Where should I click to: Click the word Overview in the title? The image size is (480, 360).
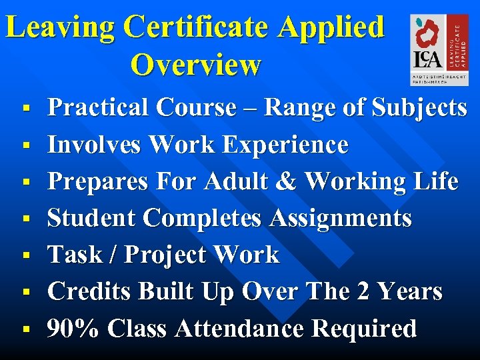196,65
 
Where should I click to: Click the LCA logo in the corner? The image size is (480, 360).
434,50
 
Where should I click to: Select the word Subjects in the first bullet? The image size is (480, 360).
420,107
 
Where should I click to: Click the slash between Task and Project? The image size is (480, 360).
111,255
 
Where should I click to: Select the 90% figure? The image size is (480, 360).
73,328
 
